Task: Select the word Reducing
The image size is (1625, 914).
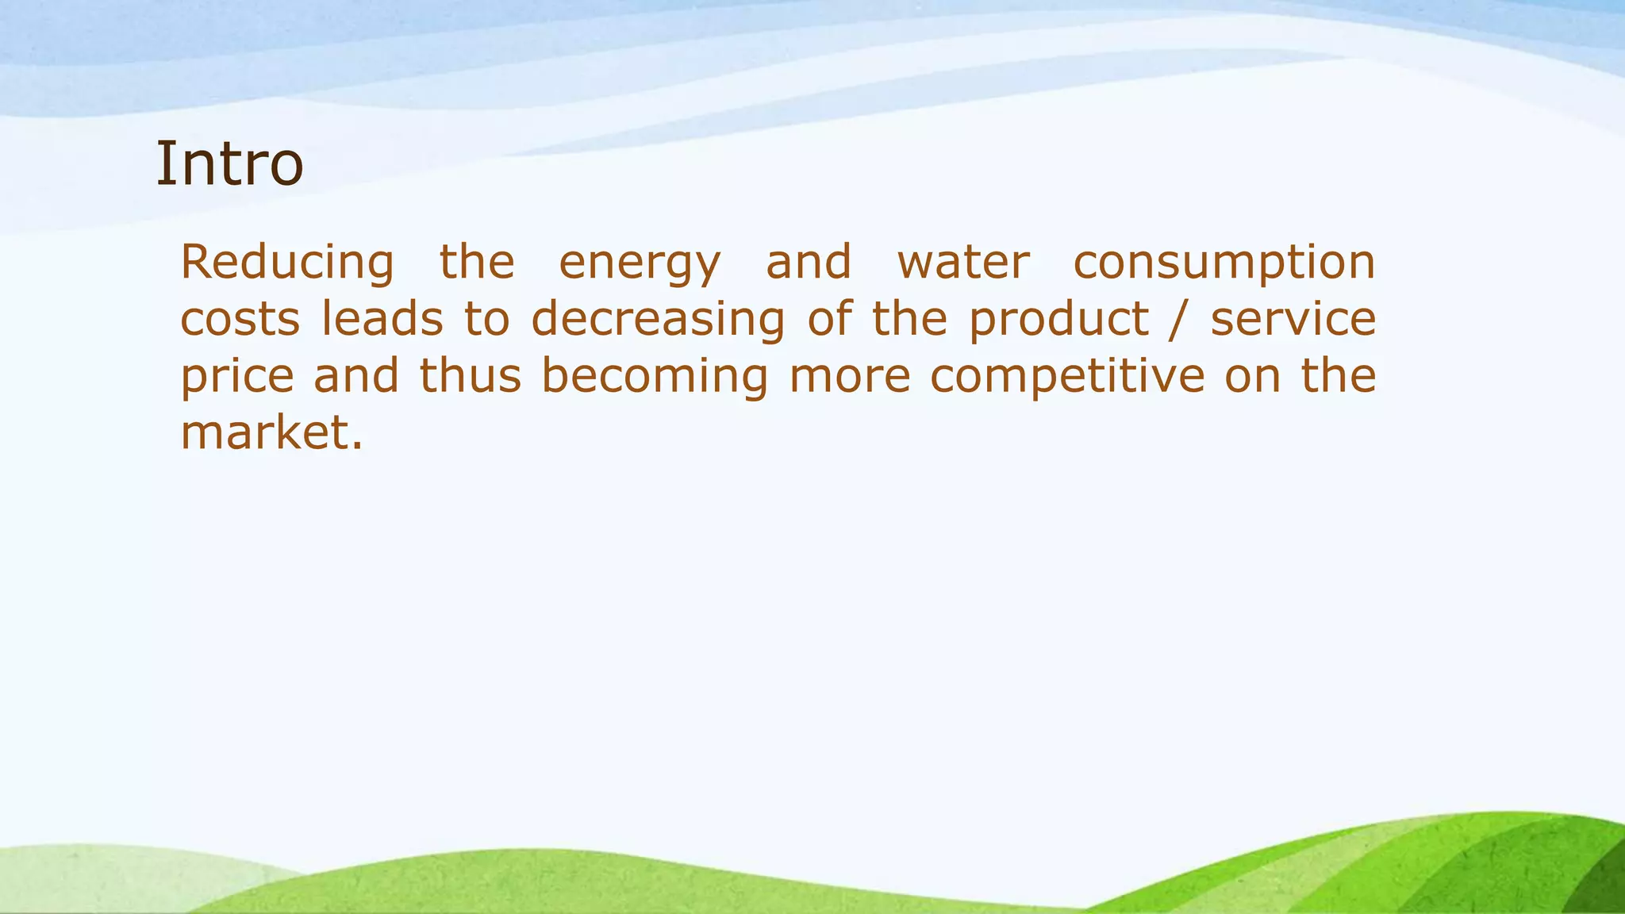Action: tap(287, 263)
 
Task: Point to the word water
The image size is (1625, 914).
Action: tap(963, 263)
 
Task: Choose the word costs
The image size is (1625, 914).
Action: tap(240, 321)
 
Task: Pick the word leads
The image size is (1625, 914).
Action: tap(382, 319)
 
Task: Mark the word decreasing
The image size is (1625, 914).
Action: tap(659, 321)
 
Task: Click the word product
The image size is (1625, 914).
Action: tap(1059, 321)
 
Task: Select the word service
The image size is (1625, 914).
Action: tap(1293, 319)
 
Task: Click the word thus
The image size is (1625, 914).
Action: tap(471, 376)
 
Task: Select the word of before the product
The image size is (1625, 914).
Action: tap(830, 319)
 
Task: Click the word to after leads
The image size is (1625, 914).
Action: tap(486, 319)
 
